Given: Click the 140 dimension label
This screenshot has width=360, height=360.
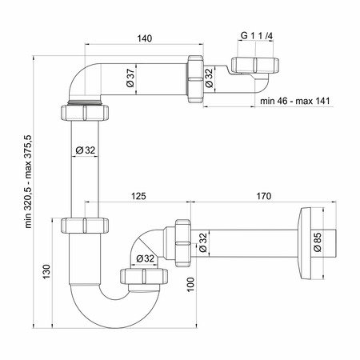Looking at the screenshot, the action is (x=145, y=38).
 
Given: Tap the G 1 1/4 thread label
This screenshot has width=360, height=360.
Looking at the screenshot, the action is (x=257, y=35).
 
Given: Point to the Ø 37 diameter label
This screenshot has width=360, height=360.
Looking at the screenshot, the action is (x=130, y=78).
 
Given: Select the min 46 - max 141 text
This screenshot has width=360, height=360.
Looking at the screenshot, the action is (x=295, y=101).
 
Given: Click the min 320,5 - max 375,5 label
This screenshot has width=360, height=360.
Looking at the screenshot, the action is (x=29, y=182).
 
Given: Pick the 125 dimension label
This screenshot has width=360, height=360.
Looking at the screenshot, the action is (x=138, y=196).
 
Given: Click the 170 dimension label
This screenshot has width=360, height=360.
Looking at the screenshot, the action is (x=264, y=196).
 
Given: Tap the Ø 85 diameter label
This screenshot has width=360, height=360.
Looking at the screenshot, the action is (x=318, y=242).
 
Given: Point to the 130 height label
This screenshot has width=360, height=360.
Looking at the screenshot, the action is (x=46, y=272).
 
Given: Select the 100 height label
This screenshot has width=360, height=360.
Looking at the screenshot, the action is (x=190, y=285).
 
